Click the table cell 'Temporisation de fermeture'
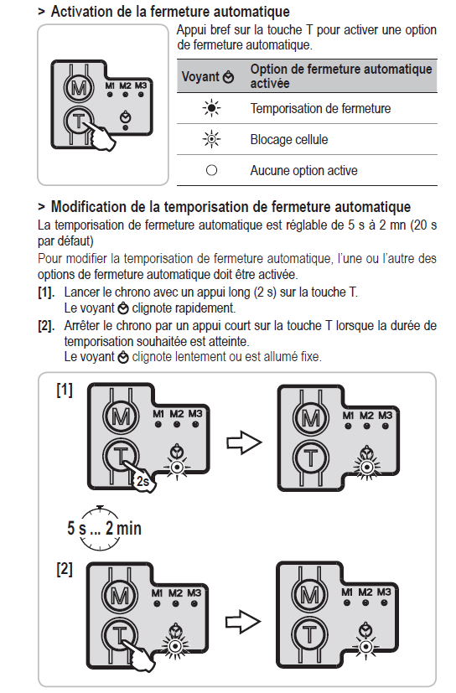coord(320,108)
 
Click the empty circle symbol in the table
coord(212,170)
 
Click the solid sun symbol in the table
coord(211,108)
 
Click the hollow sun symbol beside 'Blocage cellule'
coord(211,139)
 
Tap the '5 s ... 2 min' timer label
coord(105,528)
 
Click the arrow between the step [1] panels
coord(244,442)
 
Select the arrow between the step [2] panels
coord(243,622)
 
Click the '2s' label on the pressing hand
coord(142,481)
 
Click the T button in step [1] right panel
coord(311,458)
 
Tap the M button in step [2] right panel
coord(309,595)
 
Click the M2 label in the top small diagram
coord(125,85)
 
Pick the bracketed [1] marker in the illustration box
coord(65,390)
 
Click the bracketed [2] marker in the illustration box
coord(65,569)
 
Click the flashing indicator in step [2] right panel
coord(365,648)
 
